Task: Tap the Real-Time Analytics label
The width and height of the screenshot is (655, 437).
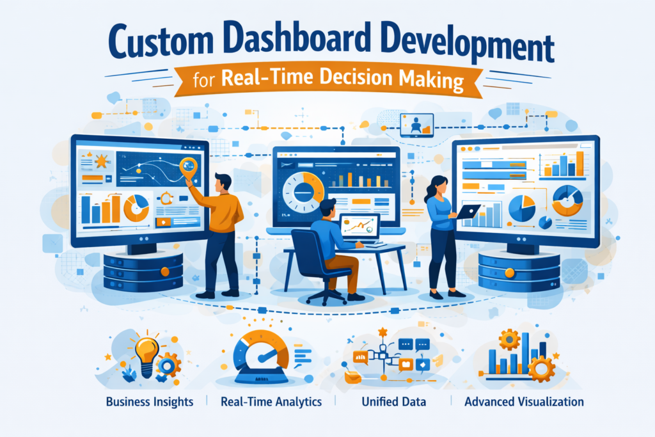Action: tap(271, 402)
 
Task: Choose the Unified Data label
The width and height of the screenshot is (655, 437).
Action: tap(393, 402)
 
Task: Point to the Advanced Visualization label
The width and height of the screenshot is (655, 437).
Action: tap(524, 402)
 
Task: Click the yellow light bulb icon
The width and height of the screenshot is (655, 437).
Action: tap(146, 354)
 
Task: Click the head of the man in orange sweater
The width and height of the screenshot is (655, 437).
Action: tap(223, 181)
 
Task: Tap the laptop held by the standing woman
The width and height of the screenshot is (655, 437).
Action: tap(468, 212)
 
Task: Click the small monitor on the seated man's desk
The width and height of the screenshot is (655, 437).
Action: tap(359, 227)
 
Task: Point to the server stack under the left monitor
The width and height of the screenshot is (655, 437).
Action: tap(143, 269)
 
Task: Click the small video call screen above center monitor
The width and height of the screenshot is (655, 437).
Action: tap(416, 124)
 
